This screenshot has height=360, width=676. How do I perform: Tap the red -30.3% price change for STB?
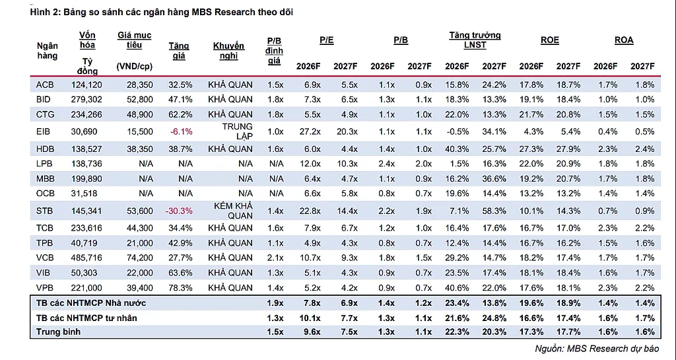click(179, 211)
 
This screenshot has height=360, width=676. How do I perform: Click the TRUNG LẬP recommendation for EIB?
click(237, 131)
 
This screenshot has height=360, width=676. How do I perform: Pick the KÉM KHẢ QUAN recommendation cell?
click(233, 211)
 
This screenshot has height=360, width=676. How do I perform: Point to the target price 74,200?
click(140, 258)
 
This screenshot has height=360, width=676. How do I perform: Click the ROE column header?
click(550, 40)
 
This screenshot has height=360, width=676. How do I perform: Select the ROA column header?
click(624, 40)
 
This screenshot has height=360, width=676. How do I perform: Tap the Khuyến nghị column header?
click(228, 51)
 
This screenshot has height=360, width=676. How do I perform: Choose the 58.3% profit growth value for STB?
click(494, 211)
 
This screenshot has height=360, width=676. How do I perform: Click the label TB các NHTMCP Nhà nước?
click(91, 303)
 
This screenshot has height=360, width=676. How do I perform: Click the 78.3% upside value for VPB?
click(180, 287)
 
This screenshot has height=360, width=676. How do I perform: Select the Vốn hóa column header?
click(87, 40)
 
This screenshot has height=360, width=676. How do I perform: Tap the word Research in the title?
click(233, 12)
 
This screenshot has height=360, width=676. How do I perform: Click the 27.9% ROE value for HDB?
click(568, 149)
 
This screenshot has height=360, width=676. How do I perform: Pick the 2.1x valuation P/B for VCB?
click(275, 258)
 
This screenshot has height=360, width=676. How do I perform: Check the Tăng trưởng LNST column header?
click(475, 40)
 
